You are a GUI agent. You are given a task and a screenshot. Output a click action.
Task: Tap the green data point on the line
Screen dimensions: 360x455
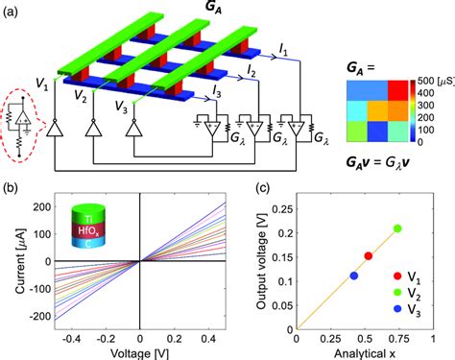396,228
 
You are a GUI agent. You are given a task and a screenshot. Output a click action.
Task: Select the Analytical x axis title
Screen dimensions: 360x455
371,351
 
